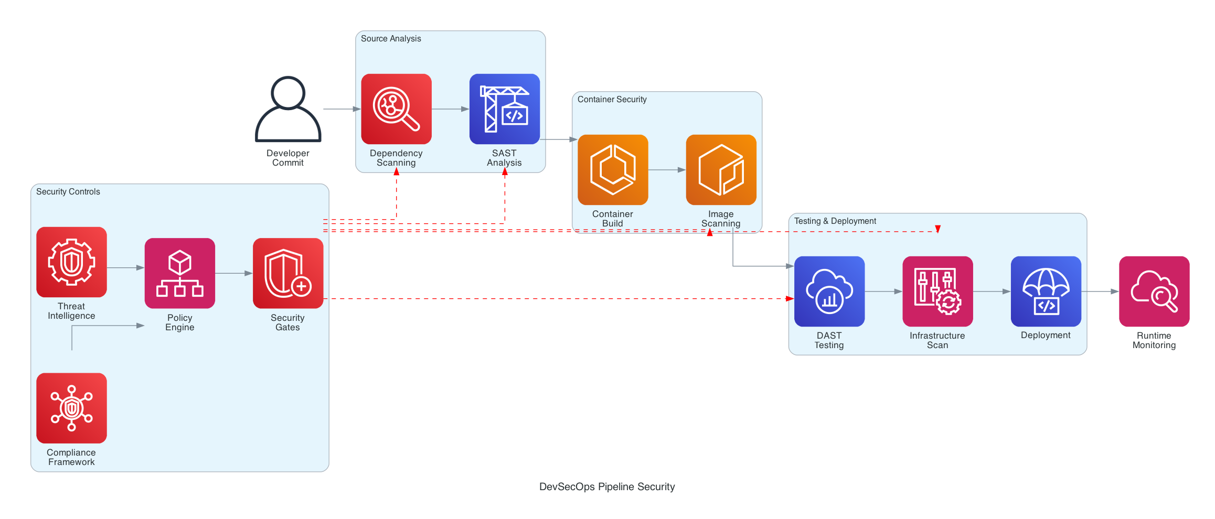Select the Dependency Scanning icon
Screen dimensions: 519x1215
point(396,109)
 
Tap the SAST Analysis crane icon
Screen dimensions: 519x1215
point(504,109)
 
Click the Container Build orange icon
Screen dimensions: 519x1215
point(613,170)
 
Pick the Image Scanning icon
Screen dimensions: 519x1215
point(721,170)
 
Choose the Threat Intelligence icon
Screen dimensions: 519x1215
point(71,262)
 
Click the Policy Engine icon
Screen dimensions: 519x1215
point(180,273)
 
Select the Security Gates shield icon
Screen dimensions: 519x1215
point(288,273)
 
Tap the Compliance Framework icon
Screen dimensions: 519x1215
point(71,408)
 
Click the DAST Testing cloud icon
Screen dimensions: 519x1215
point(829,291)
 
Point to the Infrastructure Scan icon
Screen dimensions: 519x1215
point(937,291)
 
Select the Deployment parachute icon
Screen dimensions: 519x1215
point(1046,291)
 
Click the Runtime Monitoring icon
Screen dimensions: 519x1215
point(1154,291)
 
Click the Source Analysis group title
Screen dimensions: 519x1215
point(391,39)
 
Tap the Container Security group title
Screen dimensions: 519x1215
point(612,100)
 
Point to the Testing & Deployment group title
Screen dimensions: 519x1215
point(835,221)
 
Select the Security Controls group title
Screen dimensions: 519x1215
point(68,192)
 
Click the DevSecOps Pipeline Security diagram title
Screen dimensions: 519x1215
point(607,487)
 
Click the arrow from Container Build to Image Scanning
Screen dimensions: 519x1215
point(667,170)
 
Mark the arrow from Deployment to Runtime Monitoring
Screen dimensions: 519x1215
point(1100,291)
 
